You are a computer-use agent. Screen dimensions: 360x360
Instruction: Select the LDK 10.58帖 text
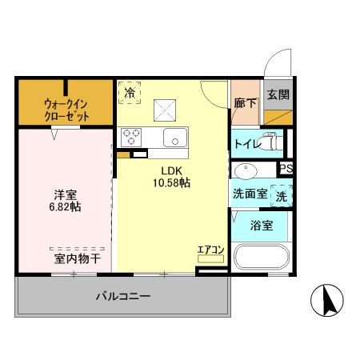point(172,176)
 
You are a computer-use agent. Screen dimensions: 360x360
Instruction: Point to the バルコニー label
point(123,295)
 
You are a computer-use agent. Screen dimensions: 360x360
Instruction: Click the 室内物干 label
point(77,258)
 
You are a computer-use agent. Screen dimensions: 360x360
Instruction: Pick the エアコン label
point(210,250)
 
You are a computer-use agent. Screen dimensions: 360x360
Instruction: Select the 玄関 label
point(278,94)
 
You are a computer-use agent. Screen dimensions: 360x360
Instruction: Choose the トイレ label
point(246,144)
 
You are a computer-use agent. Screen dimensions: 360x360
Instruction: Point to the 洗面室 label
point(248,194)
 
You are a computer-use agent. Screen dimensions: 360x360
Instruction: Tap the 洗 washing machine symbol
point(282,194)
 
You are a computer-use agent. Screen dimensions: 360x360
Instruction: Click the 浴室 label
point(262,225)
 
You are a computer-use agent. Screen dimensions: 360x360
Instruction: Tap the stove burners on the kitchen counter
point(130,137)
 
